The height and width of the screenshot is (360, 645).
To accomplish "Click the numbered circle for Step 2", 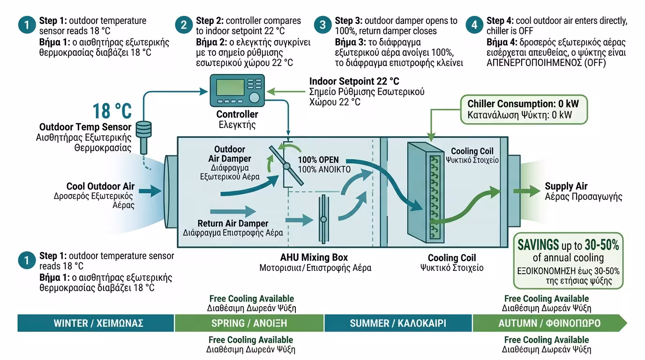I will (184, 25).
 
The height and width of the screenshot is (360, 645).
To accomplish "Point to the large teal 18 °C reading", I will (112, 111).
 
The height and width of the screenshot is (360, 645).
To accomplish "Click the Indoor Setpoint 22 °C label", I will (354, 82).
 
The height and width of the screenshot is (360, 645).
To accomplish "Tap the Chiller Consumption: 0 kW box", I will (524, 110).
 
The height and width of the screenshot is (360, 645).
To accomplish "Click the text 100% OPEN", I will (318, 160).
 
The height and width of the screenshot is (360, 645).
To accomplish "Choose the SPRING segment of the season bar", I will (249, 323).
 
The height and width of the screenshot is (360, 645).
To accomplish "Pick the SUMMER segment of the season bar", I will (398, 323).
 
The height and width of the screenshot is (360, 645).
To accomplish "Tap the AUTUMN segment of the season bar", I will (549, 323).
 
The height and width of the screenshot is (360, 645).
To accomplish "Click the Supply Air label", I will (566, 186).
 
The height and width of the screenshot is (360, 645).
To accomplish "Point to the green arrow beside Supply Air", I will (526, 191).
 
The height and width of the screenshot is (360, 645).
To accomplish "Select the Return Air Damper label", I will (232, 223).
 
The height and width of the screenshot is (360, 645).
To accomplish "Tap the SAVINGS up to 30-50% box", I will (568, 261).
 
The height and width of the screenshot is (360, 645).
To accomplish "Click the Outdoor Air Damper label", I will (229, 154).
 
